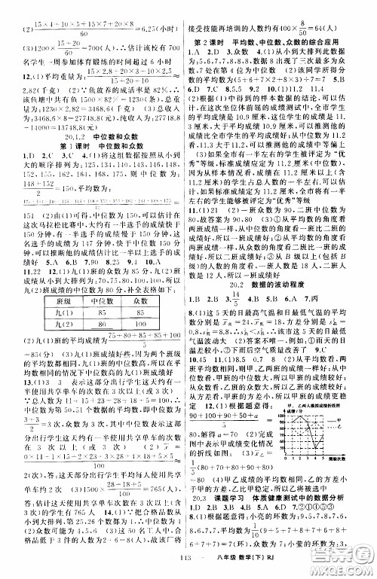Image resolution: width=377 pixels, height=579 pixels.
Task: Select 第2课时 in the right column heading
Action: coord(210,38)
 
